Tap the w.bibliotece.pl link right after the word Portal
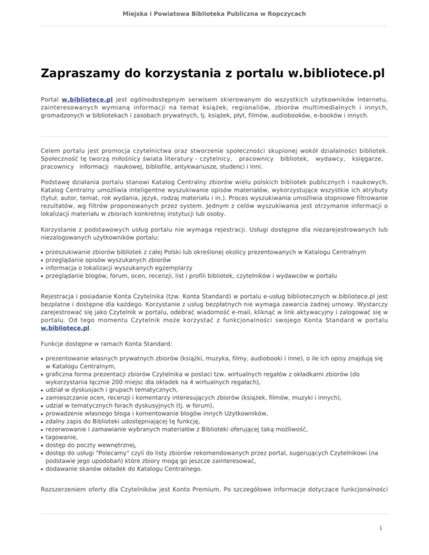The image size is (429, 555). pyautogui.click(x=87, y=97)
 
